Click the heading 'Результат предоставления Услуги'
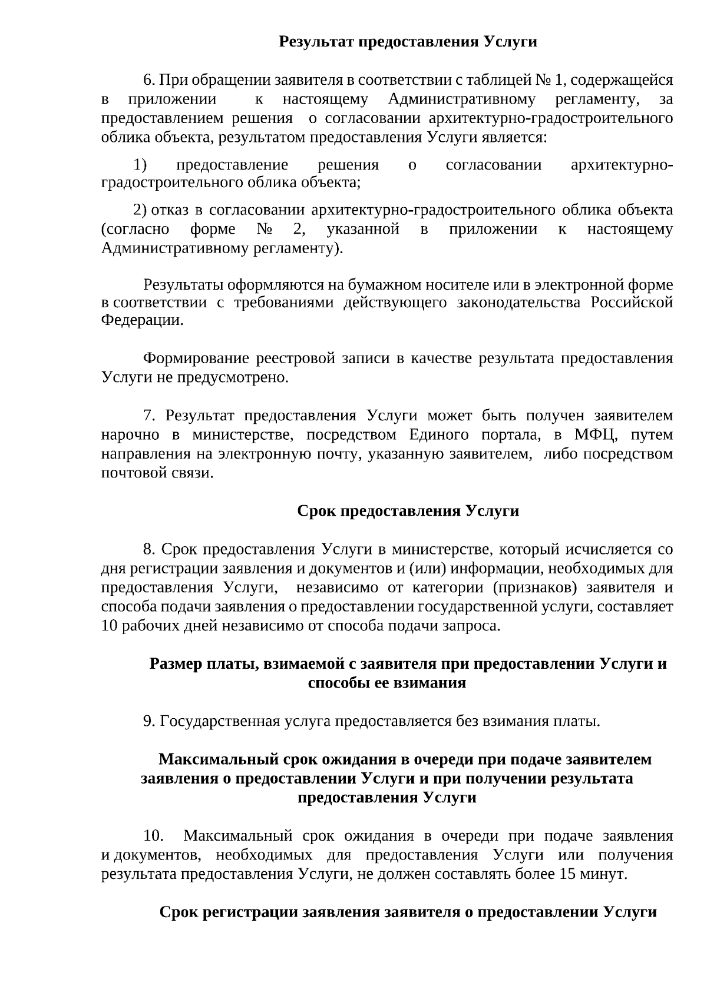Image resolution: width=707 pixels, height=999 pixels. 408,42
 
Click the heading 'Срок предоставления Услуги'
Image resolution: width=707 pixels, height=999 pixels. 408,510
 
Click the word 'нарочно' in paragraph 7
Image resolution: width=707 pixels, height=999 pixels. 130,435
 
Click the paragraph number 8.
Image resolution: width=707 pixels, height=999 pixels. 149,549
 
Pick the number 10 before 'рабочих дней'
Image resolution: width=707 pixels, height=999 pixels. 110,625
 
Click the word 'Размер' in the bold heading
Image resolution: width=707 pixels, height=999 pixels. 175,663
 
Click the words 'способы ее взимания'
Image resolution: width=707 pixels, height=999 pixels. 387,682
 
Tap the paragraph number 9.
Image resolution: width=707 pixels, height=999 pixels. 149,721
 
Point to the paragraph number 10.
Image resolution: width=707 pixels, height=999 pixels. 153,836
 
